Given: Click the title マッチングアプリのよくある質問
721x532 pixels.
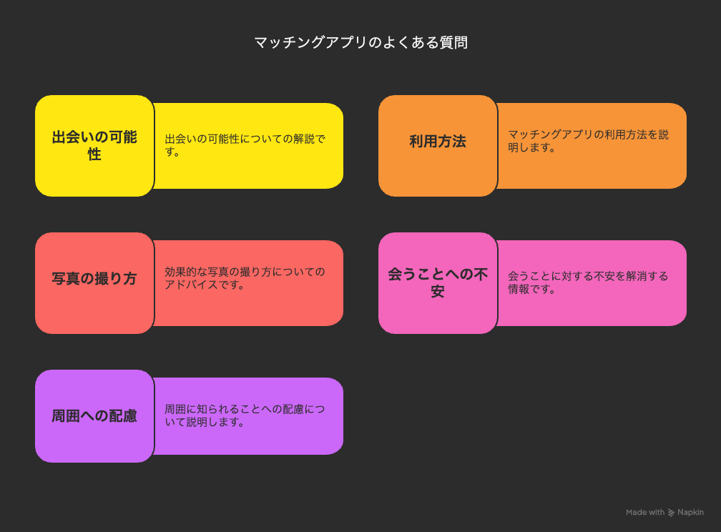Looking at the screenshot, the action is [x=361, y=42].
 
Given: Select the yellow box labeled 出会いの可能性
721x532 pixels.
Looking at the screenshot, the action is [x=94, y=146].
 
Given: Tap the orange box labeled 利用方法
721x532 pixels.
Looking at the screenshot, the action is [x=438, y=146].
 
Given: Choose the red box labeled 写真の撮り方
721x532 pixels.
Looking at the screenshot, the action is [x=94, y=282].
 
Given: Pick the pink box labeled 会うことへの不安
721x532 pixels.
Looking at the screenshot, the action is [x=438, y=282].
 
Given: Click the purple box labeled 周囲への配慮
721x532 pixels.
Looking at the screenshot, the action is [x=94, y=416].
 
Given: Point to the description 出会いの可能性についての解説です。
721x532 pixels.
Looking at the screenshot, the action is [x=245, y=145].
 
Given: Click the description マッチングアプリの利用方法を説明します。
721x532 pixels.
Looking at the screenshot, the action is [x=588, y=141].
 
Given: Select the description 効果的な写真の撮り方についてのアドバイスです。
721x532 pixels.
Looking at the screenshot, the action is [x=245, y=278].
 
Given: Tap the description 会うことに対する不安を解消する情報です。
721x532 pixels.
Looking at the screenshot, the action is [x=588, y=282].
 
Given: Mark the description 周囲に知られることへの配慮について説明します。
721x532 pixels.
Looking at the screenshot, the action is [x=245, y=415].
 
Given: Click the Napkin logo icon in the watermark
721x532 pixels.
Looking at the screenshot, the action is [x=672, y=512].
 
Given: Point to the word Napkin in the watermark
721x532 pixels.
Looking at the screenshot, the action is [x=690, y=512].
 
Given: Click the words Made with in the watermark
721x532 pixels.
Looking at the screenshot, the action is [x=645, y=512].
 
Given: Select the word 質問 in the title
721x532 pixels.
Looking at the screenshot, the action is [x=453, y=42].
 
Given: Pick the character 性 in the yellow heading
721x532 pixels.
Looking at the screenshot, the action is [x=94, y=154].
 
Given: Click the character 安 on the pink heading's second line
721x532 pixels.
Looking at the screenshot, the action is [x=438, y=291].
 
